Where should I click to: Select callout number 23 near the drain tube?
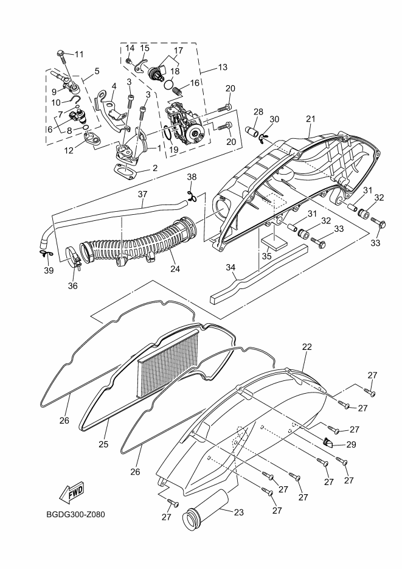pyautogui.click(x=238, y=512)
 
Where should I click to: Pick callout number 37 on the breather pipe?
pyautogui.click(x=142, y=194)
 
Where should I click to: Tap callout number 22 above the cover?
pyautogui.click(x=307, y=346)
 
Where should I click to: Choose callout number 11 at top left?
pyautogui.click(x=79, y=55)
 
